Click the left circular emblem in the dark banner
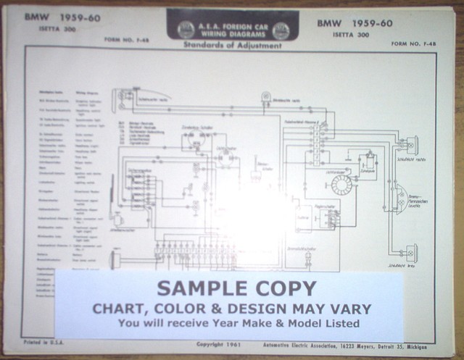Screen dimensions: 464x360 (x=186, y=30)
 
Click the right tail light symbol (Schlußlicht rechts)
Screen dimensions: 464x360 (x=411, y=145)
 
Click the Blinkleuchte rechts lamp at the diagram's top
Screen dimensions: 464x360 (x=266, y=96)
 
